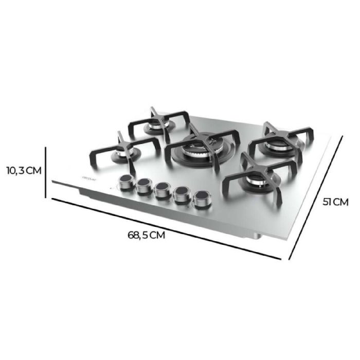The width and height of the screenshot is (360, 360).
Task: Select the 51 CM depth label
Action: (x=335, y=202)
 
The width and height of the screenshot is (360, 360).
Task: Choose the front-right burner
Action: (x=256, y=179)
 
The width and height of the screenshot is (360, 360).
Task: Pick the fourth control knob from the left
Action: (x=181, y=194)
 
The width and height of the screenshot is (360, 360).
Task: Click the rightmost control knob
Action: (x=201, y=199)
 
